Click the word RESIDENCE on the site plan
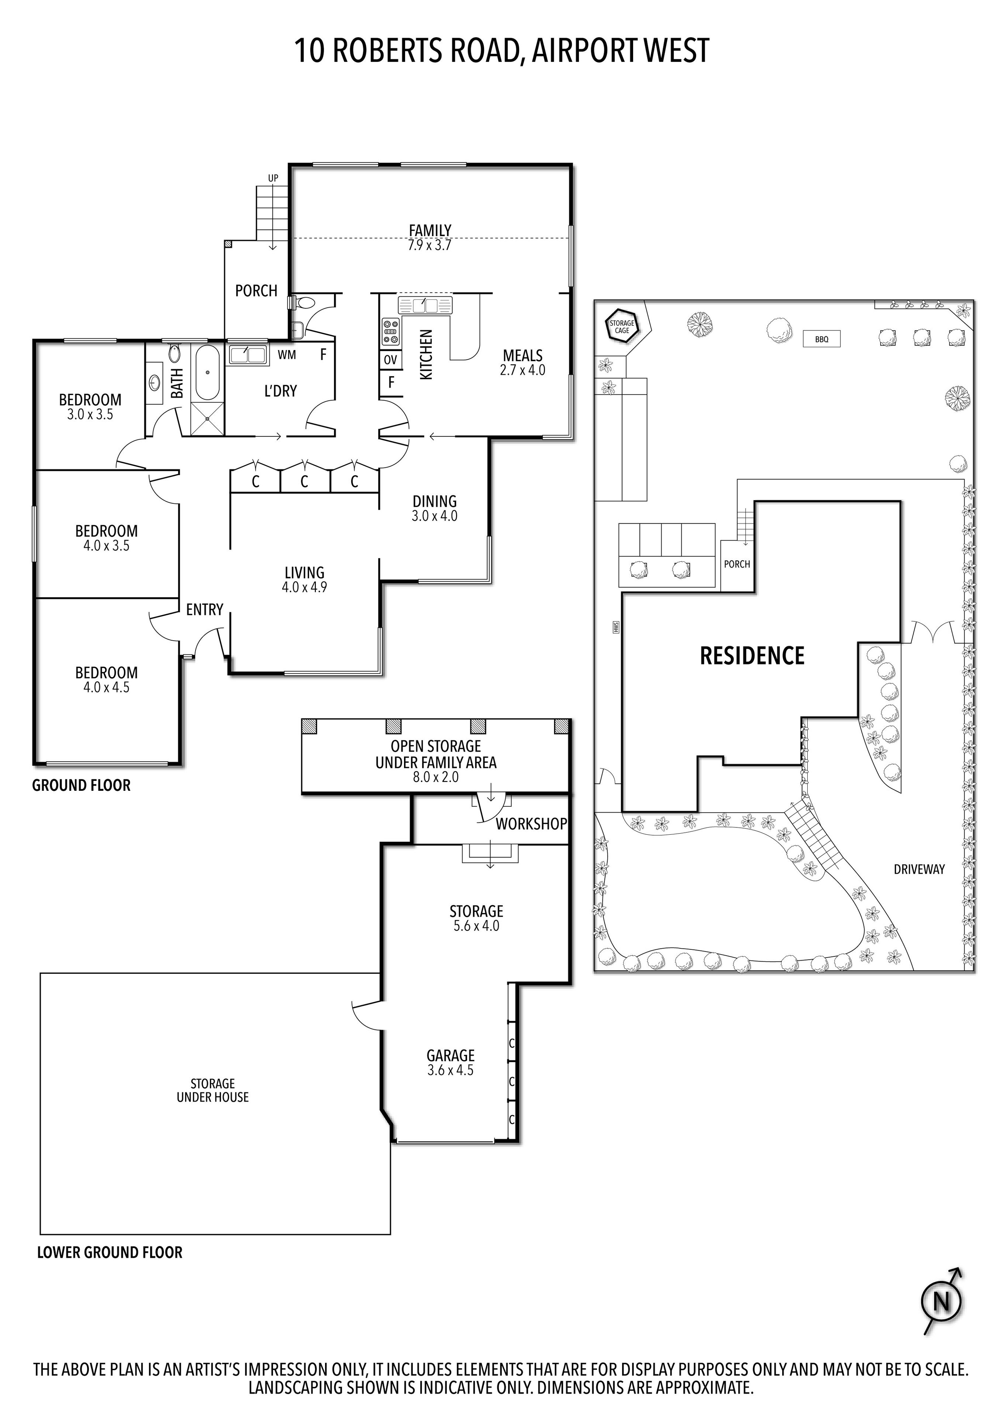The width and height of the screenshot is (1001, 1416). click(x=752, y=655)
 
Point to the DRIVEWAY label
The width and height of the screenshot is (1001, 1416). click(x=919, y=870)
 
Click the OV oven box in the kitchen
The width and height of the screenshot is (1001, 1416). click(x=390, y=360)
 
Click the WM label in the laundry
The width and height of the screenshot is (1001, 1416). click(x=287, y=355)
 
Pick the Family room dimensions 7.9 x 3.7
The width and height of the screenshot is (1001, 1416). click(x=430, y=245)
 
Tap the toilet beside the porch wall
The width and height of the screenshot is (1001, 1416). click(x=303, y=303)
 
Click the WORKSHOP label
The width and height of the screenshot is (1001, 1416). click(x=531, y=824)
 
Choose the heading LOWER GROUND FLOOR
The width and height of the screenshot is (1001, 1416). click(x=110, y=1253)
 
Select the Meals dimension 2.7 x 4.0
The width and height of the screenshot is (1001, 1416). click(x=522, y=371)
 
